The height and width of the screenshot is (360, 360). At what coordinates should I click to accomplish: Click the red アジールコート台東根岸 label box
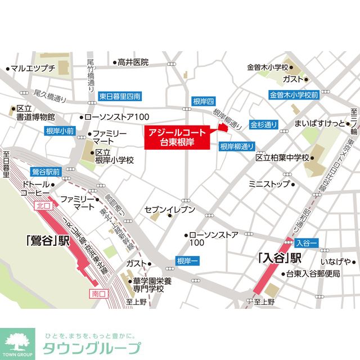click(x=176, y=138)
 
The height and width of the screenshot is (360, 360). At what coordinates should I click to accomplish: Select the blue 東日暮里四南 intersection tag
click(x=119, y=96)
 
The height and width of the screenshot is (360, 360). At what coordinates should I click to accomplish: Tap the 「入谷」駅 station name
click(x=280, y=259)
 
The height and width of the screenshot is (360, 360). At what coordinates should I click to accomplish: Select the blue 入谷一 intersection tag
click(x=306, y=242)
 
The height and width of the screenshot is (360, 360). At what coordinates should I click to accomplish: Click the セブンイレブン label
click(x=170, y=210)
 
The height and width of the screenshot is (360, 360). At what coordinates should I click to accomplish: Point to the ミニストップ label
click(x=269, y=183)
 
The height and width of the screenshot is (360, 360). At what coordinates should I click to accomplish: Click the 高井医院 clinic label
click(x=133, y=62)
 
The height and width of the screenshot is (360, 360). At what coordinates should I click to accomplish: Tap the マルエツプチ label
click(x=33, y=69)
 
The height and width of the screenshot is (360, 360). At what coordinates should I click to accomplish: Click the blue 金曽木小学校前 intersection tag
click(x=294, y=95)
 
